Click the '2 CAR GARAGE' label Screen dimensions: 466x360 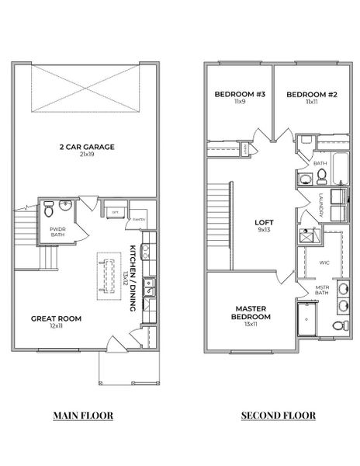pos(88,146)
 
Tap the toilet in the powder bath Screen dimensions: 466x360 pos(49,208)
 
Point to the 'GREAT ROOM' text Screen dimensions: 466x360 pos(56,318)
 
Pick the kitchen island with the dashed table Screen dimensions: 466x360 pos(103,276)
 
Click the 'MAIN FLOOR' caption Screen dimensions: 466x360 pos(83,416)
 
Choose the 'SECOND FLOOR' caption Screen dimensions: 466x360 pos(278,416)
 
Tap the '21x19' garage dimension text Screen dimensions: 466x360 pos(88,155)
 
